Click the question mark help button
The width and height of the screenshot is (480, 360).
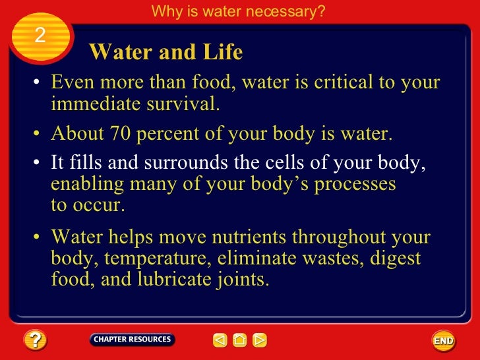pyautogui.click(x=34, y=340)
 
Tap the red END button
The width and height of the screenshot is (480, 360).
pyautogui.click(x=443, y=341)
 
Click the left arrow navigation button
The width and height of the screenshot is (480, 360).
pyautogui.click(x=220, y=340)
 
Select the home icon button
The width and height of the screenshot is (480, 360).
pyautogui.click(x=240, y=340)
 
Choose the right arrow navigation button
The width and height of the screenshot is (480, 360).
pyautogui.click(x=260, y=340)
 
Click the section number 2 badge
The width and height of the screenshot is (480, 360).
pyautogui.click(x=40, y=36)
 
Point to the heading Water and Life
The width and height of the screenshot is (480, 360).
pyautogui.click(x=165, y=52)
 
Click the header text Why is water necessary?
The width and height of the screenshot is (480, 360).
pyautogui.click(x=238, y=11)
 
